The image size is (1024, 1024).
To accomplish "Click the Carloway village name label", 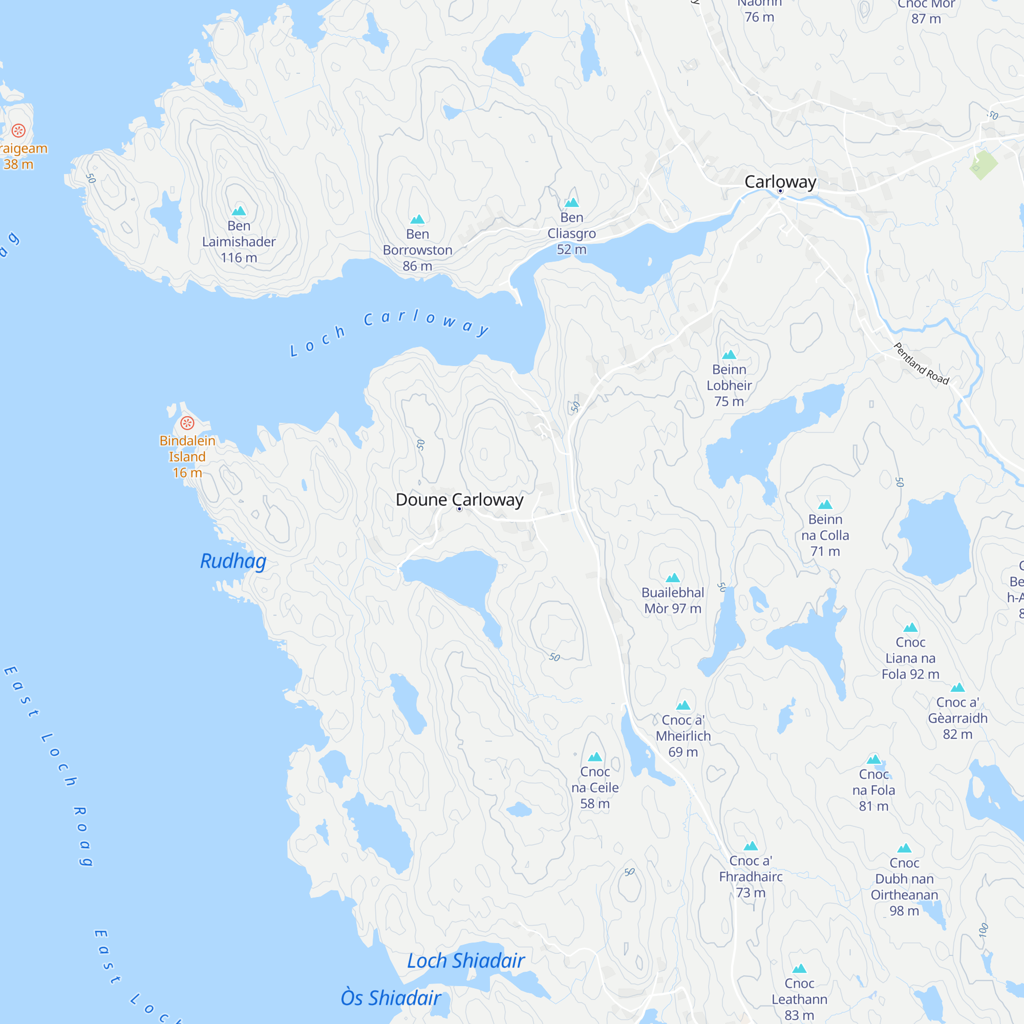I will click(x=780, y=182).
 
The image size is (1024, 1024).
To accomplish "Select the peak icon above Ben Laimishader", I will click(x=239, y=211).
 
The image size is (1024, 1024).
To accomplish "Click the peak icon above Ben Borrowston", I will click(x=418, y=220).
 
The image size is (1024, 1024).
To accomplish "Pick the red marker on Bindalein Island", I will click(x=187, y=423).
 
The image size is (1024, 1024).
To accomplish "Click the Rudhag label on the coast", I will click(x=233, y=561).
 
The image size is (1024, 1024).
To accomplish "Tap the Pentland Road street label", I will click(x=921, y=364).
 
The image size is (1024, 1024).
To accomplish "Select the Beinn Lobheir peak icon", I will click(x=729, y=355).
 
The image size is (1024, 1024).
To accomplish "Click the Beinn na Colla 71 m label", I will click(x=825, y=536).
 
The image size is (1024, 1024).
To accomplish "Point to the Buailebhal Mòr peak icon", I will click(x=673, y=578).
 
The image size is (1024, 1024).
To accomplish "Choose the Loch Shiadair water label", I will click(x=466, y=961).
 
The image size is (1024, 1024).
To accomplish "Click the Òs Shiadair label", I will click(x=391, y=997).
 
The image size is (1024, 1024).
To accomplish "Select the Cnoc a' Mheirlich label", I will click(x=682, y=736).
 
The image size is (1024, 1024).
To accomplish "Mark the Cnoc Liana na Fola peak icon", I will click(x=910, y=628).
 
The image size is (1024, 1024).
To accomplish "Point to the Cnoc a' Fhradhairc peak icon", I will click(x=751, y=846).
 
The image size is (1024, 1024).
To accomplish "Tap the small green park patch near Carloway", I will click(x=983, y=164).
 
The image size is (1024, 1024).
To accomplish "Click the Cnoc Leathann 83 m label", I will click(x=799, y=999).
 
